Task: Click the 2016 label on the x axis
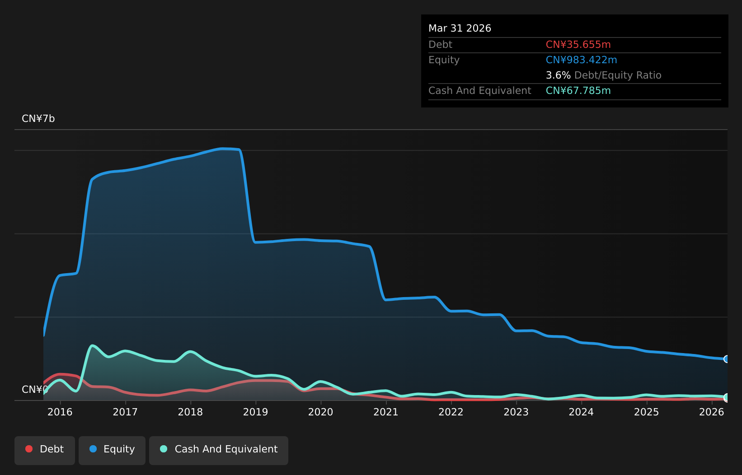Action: click(60, 412)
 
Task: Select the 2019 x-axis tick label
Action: click(255, 412)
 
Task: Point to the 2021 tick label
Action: click(386, 412)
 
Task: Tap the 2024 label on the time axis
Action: click(581, 412)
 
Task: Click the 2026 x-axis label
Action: click(712, 412)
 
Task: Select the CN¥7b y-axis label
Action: click(38, 118)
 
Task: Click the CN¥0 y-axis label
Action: click(35, 389)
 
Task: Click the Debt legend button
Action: click(45, 451)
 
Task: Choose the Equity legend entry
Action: click(112, 451)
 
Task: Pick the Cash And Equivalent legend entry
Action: click(219, 451)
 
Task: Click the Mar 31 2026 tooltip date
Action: click(460, 28)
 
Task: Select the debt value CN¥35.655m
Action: click(578, 44)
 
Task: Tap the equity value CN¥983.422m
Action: click(581, 60)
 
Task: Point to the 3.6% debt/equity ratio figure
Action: click(558, 75)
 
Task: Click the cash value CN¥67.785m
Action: click(578, 90)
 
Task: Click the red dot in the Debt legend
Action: click(29, 449)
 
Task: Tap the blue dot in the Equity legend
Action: click(93, 449)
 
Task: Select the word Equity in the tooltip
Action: click(444, 60)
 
